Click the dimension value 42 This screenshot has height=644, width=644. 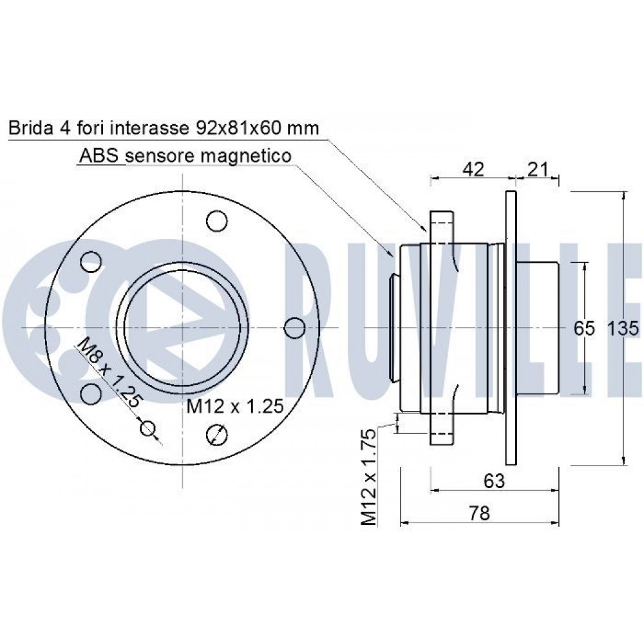click(473, 169)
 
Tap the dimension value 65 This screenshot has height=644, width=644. click(584, 328)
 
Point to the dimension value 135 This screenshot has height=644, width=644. click(622, 328)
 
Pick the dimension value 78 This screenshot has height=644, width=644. click(480, 513)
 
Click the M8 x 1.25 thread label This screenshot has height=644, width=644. click(108, 372)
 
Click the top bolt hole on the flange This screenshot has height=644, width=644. click(217, 221)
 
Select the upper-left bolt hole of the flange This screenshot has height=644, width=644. click(91, 261)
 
